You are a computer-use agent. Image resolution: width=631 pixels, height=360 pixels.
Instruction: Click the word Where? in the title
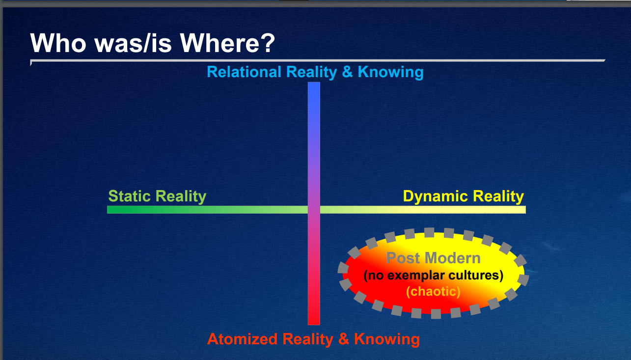227,43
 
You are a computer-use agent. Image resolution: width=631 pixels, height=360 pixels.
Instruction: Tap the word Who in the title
58,43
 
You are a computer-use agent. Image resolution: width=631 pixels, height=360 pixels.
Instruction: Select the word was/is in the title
133,43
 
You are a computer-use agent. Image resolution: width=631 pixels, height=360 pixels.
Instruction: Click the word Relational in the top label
244,72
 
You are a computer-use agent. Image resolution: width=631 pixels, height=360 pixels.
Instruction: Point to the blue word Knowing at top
390,73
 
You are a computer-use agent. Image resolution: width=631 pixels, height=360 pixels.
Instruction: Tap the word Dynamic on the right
436,197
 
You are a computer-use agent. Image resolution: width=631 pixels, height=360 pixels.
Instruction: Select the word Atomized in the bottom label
242,339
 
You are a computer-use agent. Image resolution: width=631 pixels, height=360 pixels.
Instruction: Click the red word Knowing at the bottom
387,340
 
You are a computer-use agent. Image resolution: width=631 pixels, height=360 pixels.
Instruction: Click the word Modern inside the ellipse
452,258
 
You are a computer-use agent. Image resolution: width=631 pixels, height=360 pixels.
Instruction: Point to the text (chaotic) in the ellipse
433,292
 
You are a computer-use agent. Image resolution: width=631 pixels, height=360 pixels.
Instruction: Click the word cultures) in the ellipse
476,276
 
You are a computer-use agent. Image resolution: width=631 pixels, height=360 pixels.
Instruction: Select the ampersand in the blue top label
347,72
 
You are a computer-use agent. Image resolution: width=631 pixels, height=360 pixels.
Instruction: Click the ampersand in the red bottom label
344,339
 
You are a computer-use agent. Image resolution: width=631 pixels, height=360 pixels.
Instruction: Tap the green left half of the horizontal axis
207,210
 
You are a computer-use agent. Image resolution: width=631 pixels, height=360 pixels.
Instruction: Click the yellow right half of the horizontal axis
423,210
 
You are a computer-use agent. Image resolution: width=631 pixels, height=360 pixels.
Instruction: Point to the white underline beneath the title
318,60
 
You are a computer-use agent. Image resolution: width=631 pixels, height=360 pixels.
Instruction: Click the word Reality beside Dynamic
498,197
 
